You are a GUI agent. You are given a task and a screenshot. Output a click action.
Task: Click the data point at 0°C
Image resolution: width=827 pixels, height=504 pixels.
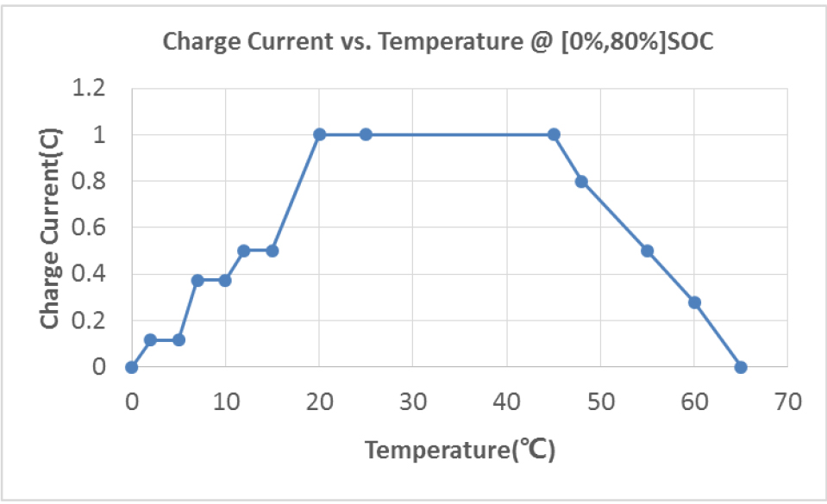[131, 367]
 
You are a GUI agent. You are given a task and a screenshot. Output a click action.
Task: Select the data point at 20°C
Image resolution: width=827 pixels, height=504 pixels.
[319, 134]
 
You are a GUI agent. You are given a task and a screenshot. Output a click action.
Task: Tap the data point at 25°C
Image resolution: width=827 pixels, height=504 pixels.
[366, 134]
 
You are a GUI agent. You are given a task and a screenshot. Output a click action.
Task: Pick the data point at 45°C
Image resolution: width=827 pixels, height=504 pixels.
[554, 134]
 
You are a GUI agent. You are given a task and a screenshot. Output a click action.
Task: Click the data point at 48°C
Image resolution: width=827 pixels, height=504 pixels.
[581, 181]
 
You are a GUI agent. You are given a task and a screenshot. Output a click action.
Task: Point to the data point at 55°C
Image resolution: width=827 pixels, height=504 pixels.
[648, 251]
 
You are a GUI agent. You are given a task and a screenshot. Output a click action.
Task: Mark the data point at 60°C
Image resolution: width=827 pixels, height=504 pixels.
[694, 302]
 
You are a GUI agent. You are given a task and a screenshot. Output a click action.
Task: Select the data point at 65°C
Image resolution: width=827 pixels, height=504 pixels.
[741, 367]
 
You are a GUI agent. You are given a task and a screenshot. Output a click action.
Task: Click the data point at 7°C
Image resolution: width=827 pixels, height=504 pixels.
[197, 280]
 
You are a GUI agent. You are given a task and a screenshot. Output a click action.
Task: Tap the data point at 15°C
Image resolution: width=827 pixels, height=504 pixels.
[273, 251]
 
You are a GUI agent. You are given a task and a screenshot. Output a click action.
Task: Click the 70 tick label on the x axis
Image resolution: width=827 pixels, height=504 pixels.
[787, 401]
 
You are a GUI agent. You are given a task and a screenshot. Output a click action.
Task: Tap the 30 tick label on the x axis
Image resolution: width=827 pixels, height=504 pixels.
[412, 401]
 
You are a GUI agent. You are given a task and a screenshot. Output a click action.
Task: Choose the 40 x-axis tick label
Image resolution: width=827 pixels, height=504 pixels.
[506, 401]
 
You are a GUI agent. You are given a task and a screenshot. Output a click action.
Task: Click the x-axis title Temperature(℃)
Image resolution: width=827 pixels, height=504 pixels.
[459, 450]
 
